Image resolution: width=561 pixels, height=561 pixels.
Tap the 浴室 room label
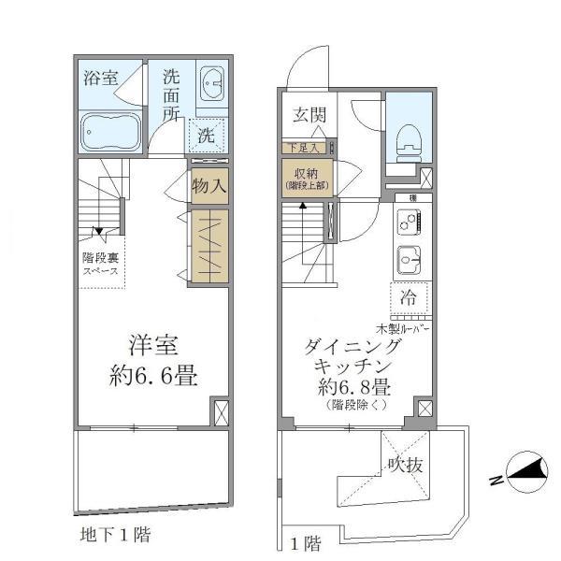tap(100, 79)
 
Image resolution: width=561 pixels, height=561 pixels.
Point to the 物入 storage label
tap(209, 185)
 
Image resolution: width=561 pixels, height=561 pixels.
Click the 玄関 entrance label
tap(309, 115)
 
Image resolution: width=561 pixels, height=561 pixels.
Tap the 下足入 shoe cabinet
tap(304, 147)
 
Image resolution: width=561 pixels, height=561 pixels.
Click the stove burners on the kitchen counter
tap(409, 223)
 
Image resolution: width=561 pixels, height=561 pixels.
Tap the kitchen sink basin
tap(409, 257)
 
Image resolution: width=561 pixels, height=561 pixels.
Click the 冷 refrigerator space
tap(409, 298)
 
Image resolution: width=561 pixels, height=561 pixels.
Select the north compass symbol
tap(522, 471)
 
